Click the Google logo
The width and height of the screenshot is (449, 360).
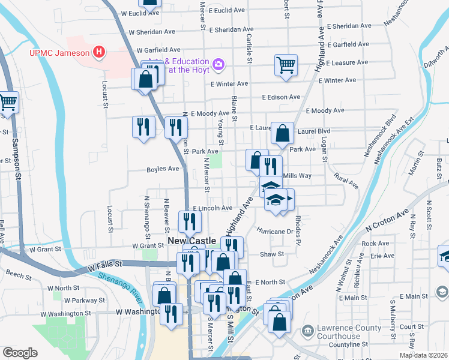(x=20, y=353)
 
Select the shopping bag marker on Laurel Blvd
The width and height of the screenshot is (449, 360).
(x=282, y=133)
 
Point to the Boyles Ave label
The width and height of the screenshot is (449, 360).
(x=163, y=170)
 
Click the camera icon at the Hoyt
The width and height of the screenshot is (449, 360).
(x=218, y=63)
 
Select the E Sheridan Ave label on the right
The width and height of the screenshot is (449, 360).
(x=349, y=26)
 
